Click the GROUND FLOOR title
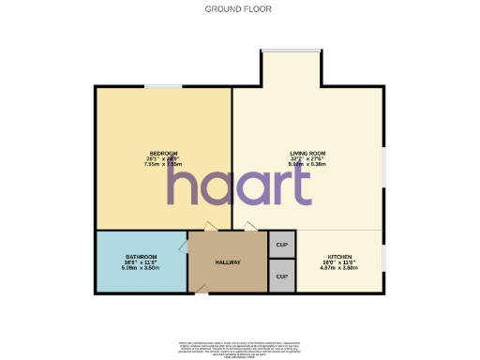[239, 9]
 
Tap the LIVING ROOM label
[307, 153]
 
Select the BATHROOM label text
[142, 257]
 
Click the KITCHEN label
[339, 256]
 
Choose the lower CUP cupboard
[282, 277]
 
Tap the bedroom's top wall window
[163, 87]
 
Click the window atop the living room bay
[292, 51]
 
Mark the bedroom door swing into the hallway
[211, 226]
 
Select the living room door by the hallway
[249, 226]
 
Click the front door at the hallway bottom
[201, 292]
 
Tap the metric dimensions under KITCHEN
[339, 268]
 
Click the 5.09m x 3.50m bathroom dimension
[142, 268]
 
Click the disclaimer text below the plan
[239, 348]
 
